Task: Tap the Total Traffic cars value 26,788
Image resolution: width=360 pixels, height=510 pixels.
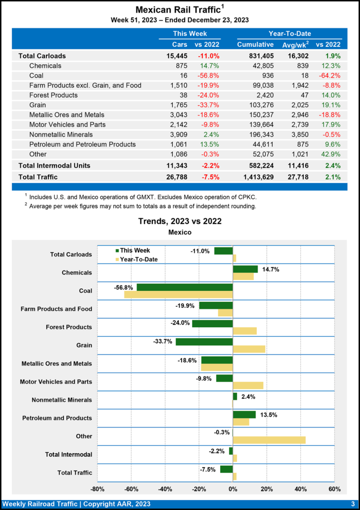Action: (x=174, y=176)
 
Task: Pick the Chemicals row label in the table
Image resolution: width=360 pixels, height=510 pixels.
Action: (x=45, y=65)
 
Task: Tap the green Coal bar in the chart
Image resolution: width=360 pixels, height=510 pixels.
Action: (x=185, y=287)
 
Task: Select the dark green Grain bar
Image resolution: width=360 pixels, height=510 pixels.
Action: (x=204, y=342)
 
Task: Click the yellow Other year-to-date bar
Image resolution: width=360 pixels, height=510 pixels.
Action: (x=269, y=440)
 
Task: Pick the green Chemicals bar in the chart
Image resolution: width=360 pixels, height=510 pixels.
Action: (x=245, y=269)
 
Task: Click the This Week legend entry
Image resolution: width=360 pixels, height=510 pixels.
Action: (x=132, y=251)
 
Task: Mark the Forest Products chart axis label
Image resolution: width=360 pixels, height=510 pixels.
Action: (x=69, y=327)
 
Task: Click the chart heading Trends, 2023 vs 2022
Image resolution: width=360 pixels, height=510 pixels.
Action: (x=180, y=221)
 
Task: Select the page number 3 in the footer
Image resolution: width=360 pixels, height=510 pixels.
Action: (x=352, y=504)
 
